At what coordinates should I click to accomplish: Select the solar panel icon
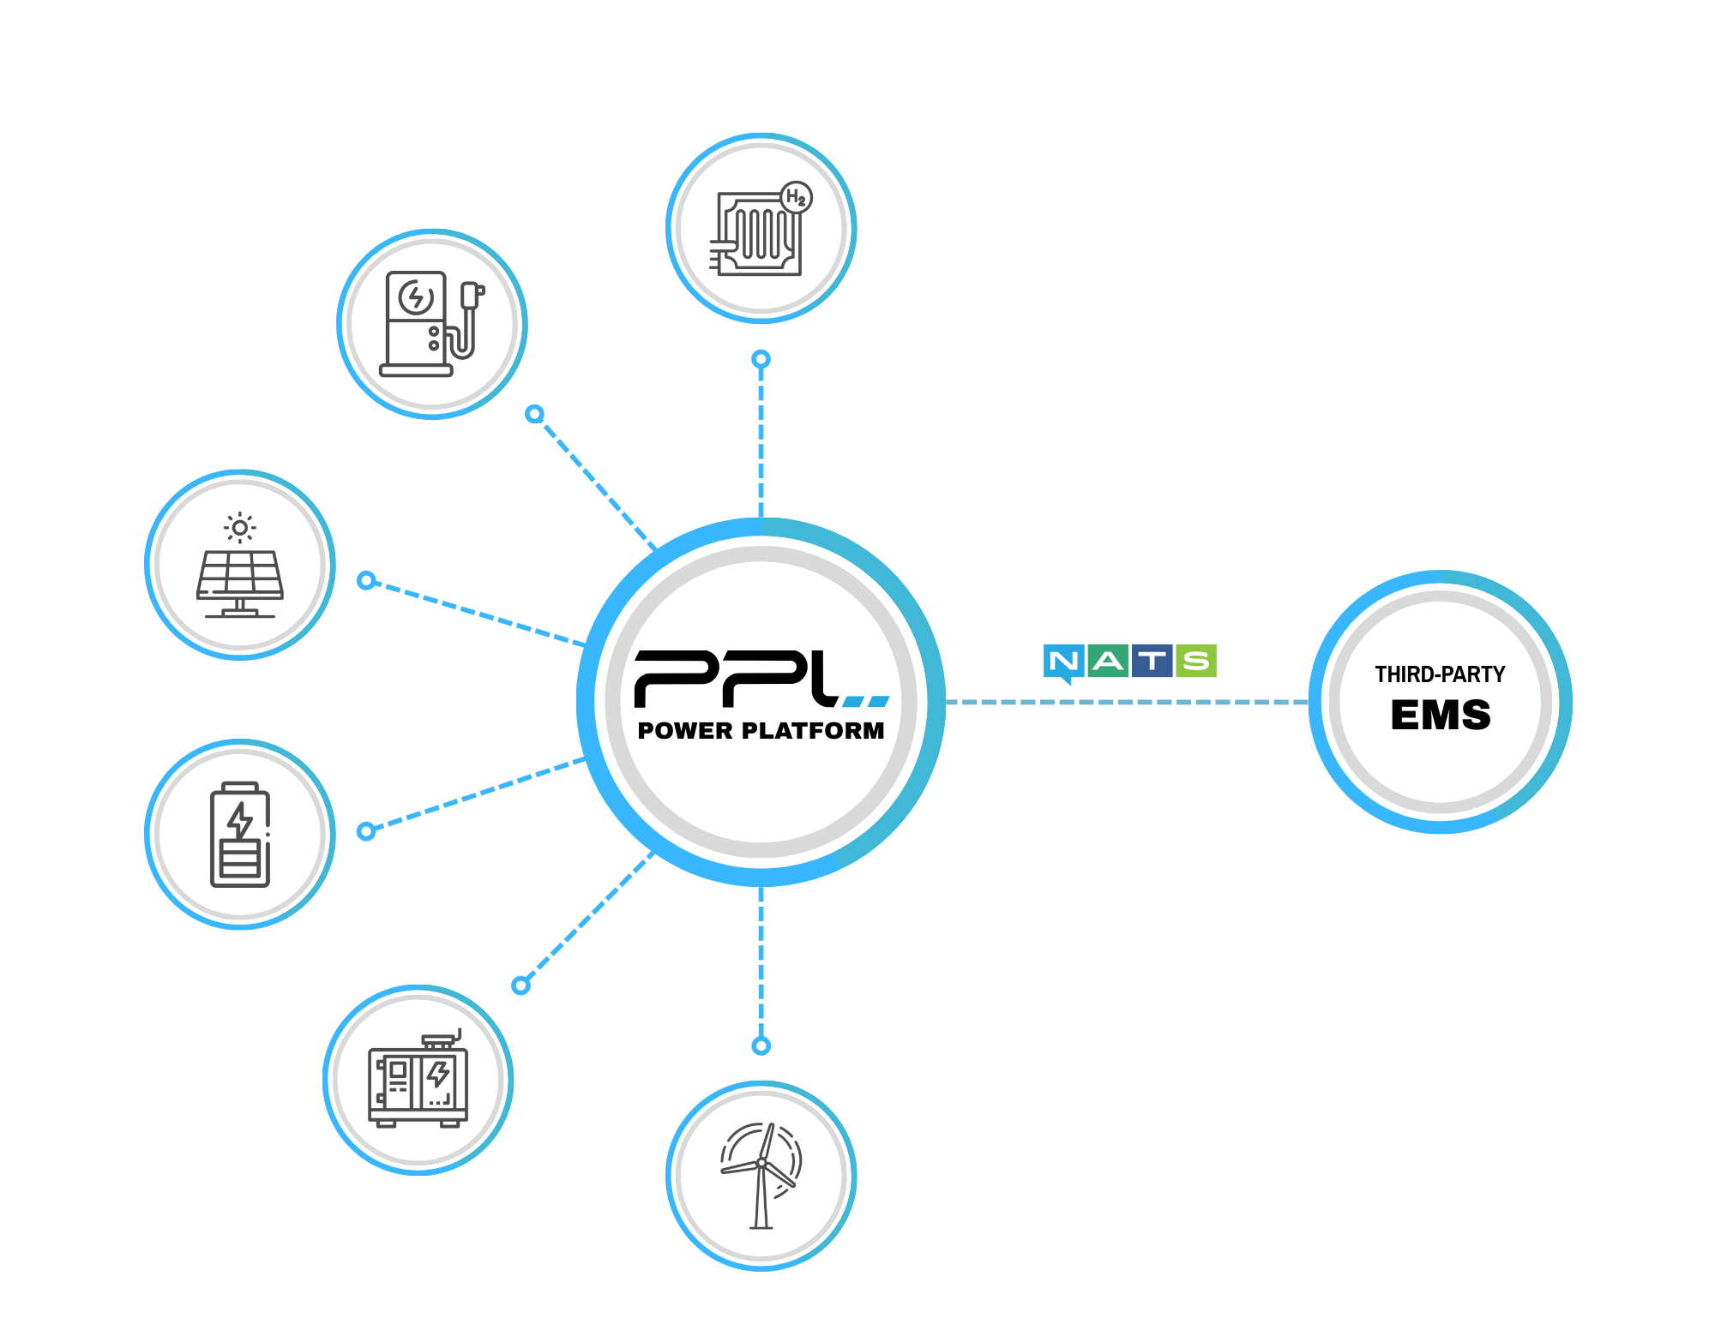[x=240, y=572]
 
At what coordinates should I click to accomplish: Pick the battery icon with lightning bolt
[x=240, y=835]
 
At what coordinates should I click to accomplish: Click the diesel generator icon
[x=418, y=1082]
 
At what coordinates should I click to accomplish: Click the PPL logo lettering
[x=737, y=679]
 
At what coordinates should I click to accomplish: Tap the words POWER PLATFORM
[x=761, y=731]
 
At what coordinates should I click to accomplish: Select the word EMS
[x=1441, y=716]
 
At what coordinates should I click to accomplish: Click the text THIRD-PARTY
[x=1441, y=674]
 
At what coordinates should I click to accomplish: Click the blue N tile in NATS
[x=1064, y=662]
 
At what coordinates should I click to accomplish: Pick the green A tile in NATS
[x=1108, y=661]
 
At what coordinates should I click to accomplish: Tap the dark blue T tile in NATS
[x=1152, y=661]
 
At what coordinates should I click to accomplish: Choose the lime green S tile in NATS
[x=1196, y=661]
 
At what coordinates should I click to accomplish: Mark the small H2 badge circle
[x=797, y=198]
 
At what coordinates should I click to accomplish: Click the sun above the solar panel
[x=240, y=528]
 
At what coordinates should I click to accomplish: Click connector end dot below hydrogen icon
[x=761, y=359]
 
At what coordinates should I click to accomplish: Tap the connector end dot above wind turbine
[x=761, y=1045]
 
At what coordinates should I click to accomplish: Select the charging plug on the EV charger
[x=471, y=295]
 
